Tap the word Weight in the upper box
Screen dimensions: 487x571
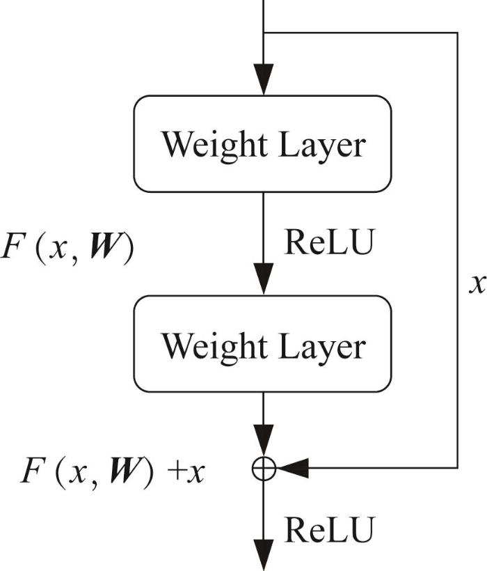click(214, 146)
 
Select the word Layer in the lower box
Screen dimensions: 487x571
click(322, 347)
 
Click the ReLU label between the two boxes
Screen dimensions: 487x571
click(329, 242)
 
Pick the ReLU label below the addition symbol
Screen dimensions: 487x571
click(329, 530)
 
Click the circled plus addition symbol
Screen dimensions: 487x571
click(264, 467)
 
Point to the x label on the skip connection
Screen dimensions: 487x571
click(477, 284)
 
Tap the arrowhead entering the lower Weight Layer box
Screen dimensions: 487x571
click(264, 279)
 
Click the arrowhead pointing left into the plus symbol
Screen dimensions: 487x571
click(292, 467)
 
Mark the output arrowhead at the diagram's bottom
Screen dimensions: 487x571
click(264, 555)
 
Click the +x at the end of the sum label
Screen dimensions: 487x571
click(186, 473)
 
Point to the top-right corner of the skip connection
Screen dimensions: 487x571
click(457, 33)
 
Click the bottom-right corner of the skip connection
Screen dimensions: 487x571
click(457, 467)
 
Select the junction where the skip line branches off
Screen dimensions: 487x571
click(264, 33)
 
